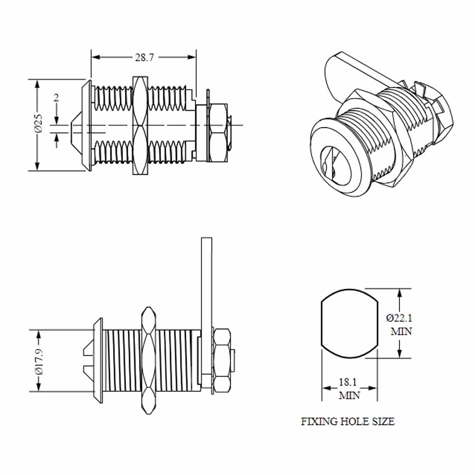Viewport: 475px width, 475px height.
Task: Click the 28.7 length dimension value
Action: (x=144, y=57)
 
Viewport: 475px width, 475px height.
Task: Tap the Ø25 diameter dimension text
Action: (x=39, y=123)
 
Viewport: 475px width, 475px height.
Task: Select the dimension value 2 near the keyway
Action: (x=56, y=97)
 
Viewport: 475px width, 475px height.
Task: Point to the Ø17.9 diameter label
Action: (x=39, y=361)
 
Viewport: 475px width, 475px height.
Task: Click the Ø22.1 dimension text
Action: (x=399, y=318)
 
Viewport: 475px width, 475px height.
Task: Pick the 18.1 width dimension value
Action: (x=348, y=382)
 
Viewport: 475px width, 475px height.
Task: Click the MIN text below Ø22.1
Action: (x=401, y=332)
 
